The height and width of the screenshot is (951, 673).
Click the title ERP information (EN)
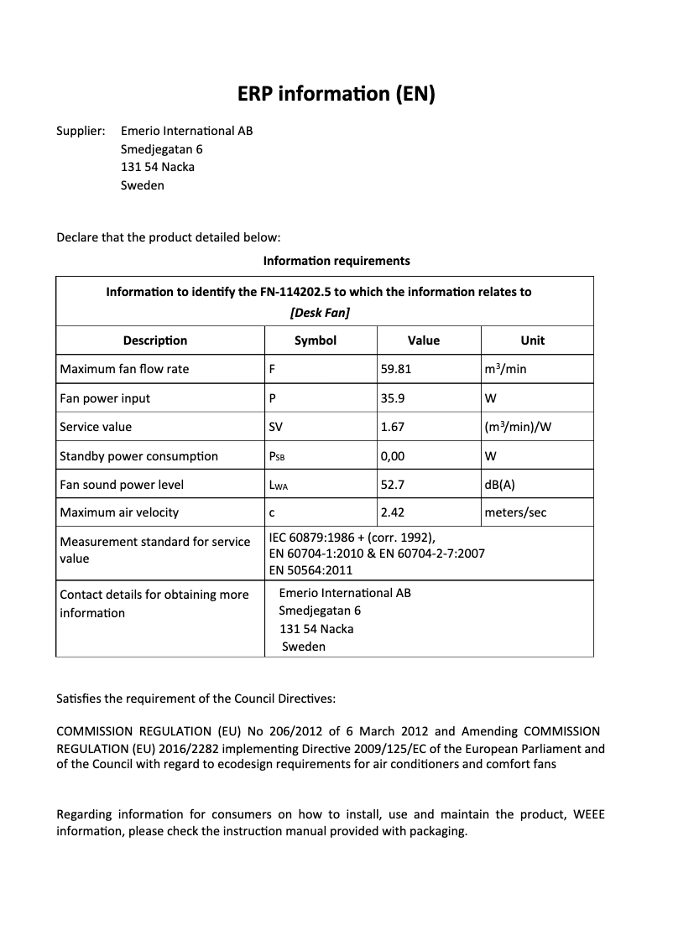tap(336, 94)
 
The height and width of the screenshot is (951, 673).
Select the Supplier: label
tap(81, 131)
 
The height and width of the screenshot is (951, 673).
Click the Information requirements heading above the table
tap(336, 261)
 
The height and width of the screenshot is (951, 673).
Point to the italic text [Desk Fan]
tap(320, 313)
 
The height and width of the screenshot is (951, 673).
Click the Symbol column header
tap(316, 340)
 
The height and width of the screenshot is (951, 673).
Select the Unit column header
tap(532, 340)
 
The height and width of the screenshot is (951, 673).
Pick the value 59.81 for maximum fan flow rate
tap(396, 369)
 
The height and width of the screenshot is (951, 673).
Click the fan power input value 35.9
tap(393, 398)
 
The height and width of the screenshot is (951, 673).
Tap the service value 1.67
tap(393, 427)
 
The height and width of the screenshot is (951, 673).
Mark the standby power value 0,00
tap(393, 456)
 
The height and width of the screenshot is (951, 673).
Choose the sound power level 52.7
tap(393, 485)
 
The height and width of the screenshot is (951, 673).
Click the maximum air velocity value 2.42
tap(393, 512)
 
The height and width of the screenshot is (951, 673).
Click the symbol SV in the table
tap(275, 427)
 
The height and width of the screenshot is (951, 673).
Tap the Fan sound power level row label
tap(122, 485)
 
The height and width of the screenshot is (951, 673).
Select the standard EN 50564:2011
tap(311, 570)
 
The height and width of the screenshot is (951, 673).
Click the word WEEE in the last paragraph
tap(588, 814)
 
